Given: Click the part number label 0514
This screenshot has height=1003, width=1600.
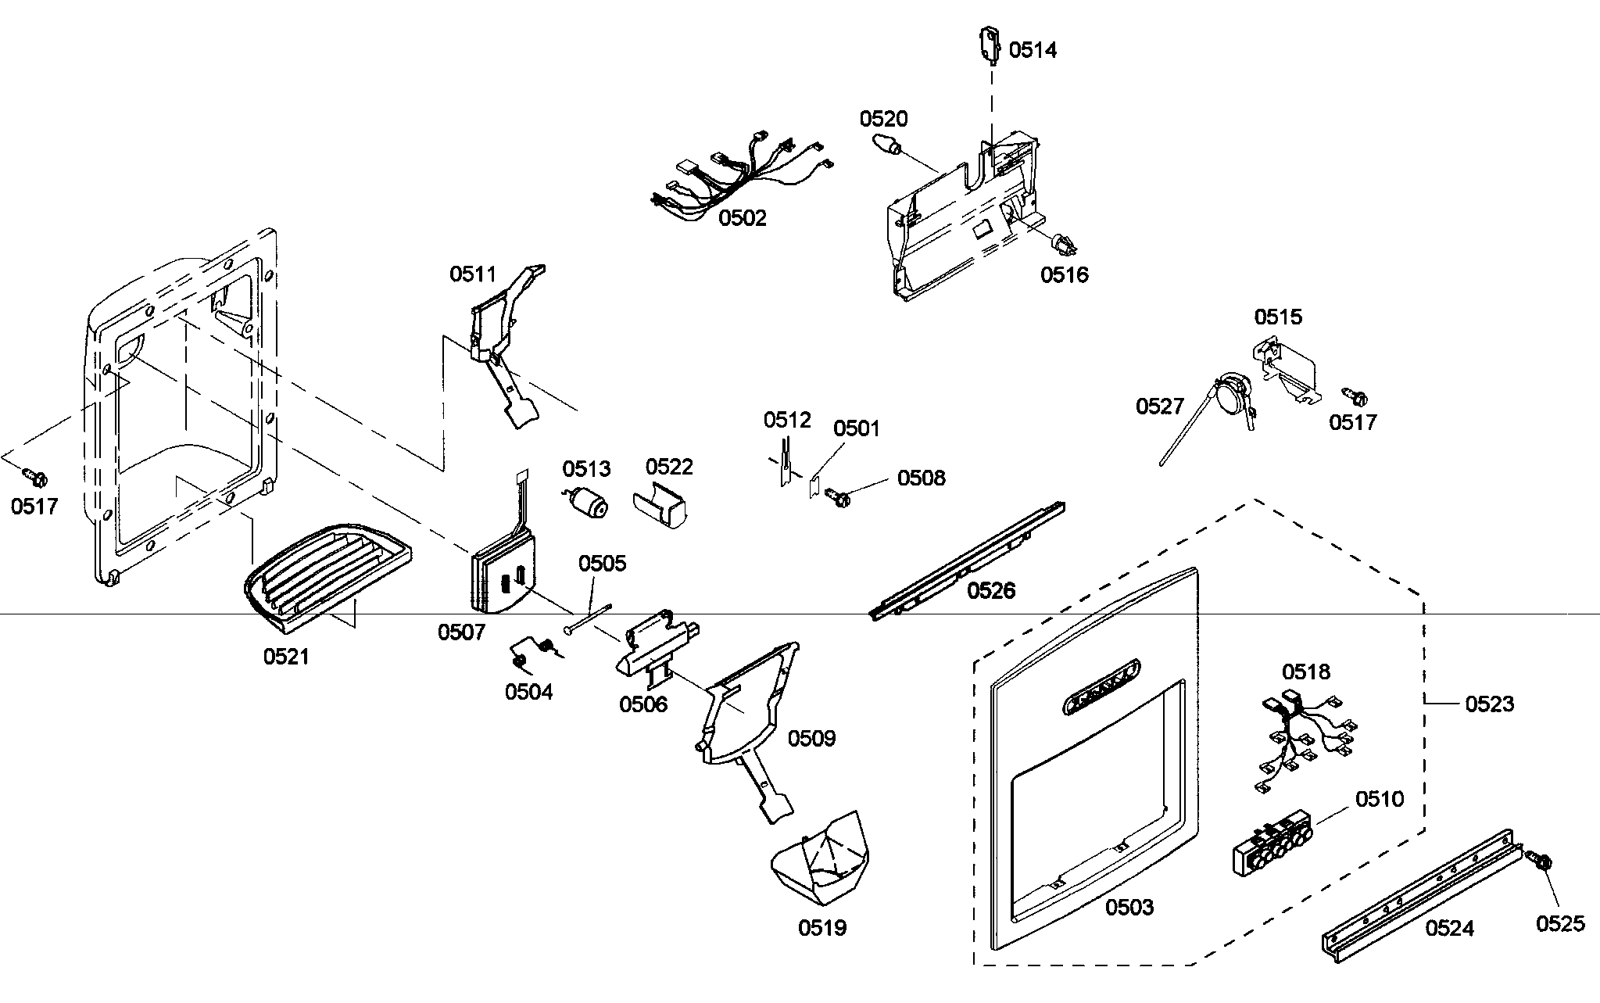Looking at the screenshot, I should click(1033, 50).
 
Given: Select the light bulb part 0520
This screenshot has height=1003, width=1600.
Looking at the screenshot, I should click(884, 145).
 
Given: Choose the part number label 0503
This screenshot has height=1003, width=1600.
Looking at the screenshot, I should click(1129, 907).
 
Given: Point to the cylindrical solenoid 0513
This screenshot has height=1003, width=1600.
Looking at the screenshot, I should click(589, 502).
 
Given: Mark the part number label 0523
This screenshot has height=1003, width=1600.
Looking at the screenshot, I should click(1489, 704).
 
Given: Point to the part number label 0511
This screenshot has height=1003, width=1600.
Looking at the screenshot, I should click(472, 274).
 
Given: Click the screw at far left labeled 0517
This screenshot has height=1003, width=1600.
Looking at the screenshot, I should click(35, 475).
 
